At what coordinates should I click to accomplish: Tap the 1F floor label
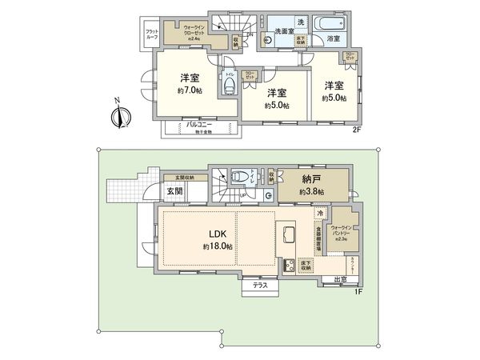click(358, 291)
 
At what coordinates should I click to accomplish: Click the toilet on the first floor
click(238, 178)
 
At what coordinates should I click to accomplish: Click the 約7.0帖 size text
click(190, 90)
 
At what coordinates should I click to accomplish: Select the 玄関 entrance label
click(175, 191)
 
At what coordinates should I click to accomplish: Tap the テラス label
click(260, 286)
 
